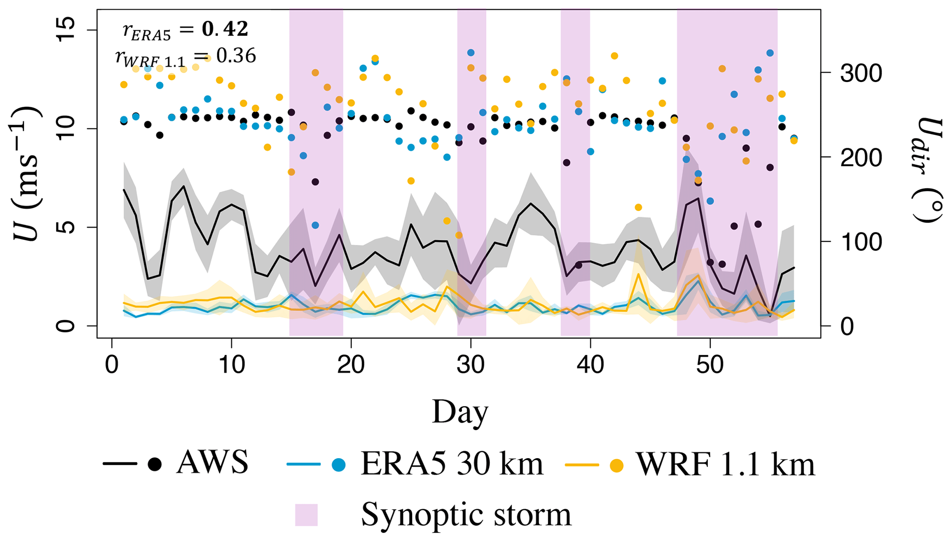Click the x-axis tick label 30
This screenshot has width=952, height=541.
(471, 366)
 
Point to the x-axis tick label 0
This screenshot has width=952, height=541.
(112, 366)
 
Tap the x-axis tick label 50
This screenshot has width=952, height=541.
(710, 366)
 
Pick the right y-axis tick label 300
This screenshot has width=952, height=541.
(861, 73)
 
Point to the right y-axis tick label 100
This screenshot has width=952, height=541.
(861, 242)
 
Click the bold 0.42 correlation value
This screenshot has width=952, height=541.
(225, 29)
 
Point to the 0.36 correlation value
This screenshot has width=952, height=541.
(236, 56)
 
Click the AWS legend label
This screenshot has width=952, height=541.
(212, 462)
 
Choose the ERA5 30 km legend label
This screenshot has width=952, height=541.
(452, 463)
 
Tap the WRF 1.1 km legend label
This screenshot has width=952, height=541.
(725, 464)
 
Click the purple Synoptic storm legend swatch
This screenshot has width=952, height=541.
(306, 515)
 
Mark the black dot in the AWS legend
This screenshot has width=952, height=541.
(155, 464)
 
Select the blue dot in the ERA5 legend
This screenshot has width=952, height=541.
(339, 464)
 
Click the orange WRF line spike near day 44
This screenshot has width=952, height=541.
(638, 275)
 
